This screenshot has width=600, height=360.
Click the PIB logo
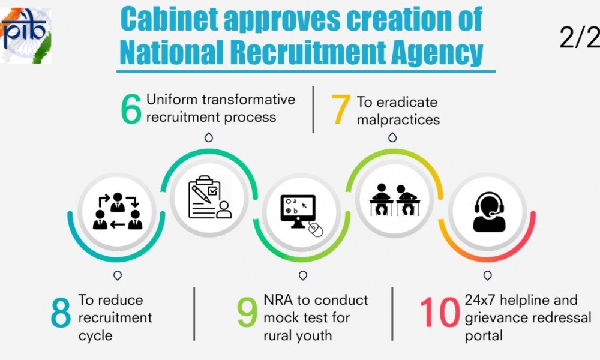pos(26,35)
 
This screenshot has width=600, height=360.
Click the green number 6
pos(131,109)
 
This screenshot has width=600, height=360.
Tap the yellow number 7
pos(341,109)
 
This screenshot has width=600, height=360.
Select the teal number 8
pos(61,313)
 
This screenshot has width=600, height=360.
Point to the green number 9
pos(247,313)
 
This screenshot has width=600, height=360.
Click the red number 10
pos(440,313)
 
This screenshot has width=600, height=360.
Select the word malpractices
pos(398,120)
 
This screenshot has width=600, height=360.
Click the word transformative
pos(249,100)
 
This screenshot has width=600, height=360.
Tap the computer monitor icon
pos(298,211)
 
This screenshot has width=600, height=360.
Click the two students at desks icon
pos(395,200)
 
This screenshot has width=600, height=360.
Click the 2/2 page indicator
pos(580,37)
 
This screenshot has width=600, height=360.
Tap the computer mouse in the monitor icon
pos(316,230)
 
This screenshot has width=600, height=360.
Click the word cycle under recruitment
pos(95,336)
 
